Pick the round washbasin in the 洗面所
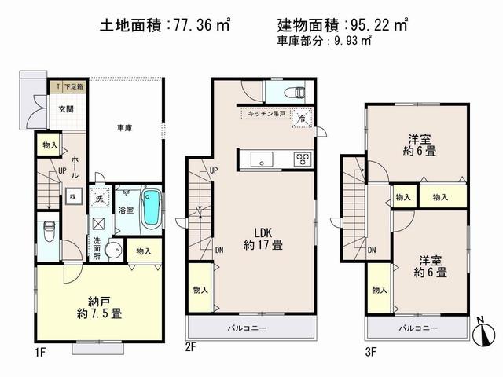pos(114,252)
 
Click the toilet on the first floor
pos(49,232)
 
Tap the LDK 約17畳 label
pos(261,237)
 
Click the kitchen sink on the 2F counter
pos(260,160)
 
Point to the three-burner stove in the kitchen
pos(302,159)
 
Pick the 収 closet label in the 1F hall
pos(72,197)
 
